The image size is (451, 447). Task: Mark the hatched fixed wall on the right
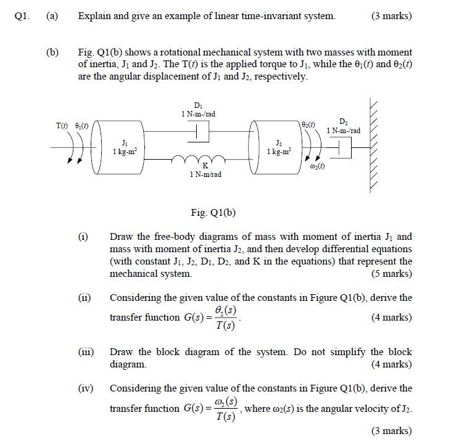378,145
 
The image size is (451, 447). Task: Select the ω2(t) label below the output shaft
315,168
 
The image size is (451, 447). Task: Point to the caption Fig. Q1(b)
213,213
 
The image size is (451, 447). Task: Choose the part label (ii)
85,298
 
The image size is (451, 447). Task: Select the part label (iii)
85,352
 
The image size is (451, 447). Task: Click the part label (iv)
85,388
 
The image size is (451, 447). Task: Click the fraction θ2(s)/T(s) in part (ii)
226,318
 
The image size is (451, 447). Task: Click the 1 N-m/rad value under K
206,175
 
